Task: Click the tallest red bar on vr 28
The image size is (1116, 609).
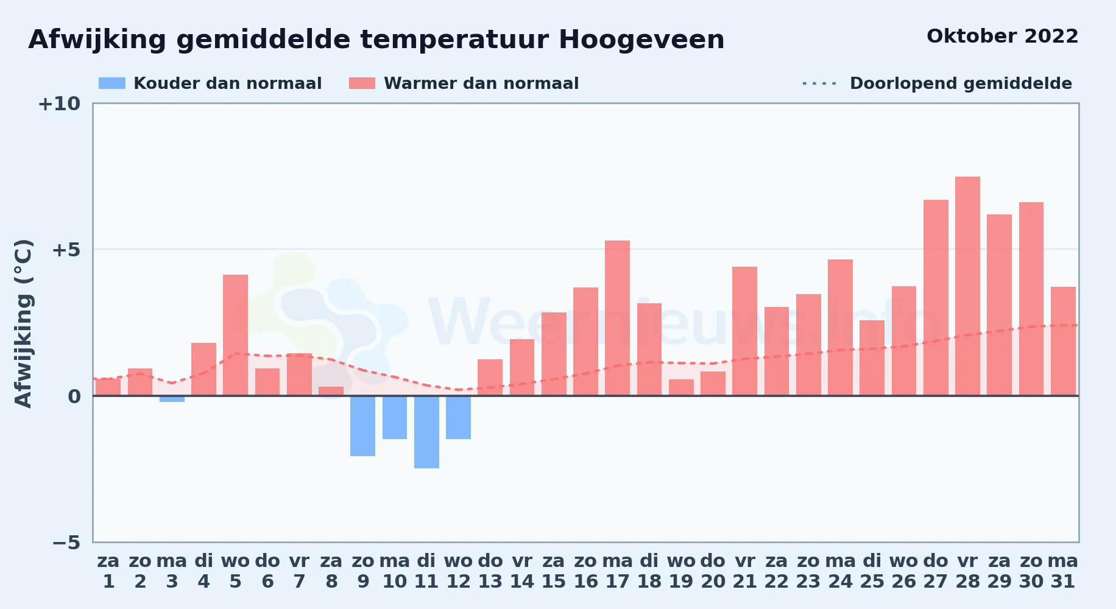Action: coord(967,286)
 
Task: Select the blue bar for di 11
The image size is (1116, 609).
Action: coord(426,432)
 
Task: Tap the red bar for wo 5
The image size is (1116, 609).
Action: coord(235,335)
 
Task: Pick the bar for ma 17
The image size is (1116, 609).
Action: coord(617,318)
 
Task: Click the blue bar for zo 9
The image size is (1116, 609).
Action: coord(362,426)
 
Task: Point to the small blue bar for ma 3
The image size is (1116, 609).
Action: coord(172,399)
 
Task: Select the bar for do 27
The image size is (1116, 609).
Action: coord(936,298)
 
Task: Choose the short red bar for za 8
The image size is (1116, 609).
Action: coord(331,391)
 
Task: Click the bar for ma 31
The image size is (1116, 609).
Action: coord(1063,341)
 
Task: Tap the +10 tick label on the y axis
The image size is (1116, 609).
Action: coord(59,104)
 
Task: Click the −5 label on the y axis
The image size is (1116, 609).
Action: coord(66,543)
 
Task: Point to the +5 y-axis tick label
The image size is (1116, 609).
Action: coord(66,250)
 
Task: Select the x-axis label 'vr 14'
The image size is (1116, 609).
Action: coord(522,571)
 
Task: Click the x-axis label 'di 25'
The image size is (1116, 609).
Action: coord(872,571)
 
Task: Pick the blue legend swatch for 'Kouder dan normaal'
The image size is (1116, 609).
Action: coord(112,83)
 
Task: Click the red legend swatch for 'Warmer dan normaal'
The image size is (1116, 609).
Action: coord(362,83)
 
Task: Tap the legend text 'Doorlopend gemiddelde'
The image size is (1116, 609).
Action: coord(961,83)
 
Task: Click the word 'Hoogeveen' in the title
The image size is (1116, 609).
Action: coord(641,40)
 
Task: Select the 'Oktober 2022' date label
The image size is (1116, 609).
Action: coord(1002,37)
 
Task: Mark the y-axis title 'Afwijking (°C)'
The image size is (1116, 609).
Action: coord(23,323)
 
